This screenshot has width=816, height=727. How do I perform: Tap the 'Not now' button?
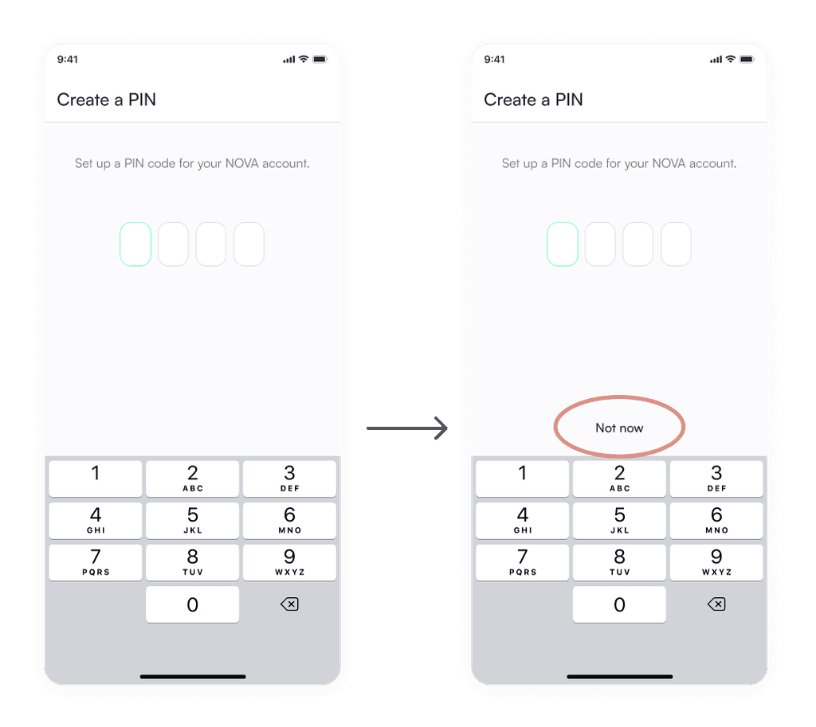[619, 428]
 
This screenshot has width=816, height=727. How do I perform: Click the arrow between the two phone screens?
[407, 428]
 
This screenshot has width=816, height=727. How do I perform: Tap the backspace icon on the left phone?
[289, 604]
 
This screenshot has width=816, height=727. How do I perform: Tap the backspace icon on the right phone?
[716, 604]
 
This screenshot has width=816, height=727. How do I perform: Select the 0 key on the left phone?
[193, 604]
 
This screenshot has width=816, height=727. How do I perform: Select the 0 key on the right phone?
[619, 604]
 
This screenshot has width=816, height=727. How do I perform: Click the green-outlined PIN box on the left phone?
[135, 244]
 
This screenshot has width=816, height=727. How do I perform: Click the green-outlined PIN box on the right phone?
[563, 244]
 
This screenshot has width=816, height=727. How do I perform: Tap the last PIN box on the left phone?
[249, 244]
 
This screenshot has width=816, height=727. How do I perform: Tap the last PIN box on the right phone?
[676, 244]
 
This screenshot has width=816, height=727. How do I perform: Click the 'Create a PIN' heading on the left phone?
[107, 100]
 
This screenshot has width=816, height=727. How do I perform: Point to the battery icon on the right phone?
[747, 59]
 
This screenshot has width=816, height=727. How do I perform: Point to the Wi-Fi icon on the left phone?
[304, 59]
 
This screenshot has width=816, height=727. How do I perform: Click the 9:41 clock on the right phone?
[494, 59]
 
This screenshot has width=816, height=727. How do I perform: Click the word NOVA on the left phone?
[242, 163]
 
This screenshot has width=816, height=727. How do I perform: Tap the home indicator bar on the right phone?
[620, 677]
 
